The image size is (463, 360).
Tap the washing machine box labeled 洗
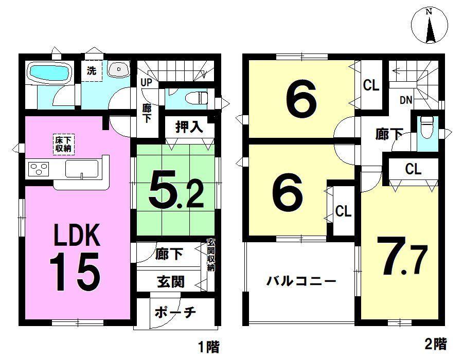coord(92,71)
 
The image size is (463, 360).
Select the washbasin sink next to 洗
coord(119,69)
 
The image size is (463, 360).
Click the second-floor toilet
coord(426,127)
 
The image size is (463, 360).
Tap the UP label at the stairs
coord(146,83)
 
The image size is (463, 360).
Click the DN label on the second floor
coord(406,100)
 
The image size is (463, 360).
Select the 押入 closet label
coord(189,127)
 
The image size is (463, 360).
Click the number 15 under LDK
coord(75,272)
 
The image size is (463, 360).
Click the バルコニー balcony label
coord(301,281)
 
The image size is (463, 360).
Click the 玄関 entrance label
coord(171,281)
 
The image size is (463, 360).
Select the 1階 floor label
coord(209,347)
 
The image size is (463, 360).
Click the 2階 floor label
coord(436,344)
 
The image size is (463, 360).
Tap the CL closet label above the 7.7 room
coord(413,169)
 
